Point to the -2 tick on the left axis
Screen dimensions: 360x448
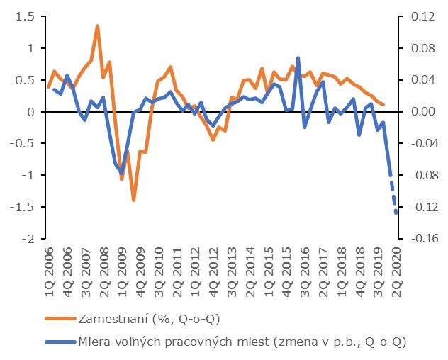coord(26,239)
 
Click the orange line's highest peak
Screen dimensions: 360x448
coord(97,26)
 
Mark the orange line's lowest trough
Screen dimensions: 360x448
coord(133,200)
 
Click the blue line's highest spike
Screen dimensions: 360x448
coord(298,58)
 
